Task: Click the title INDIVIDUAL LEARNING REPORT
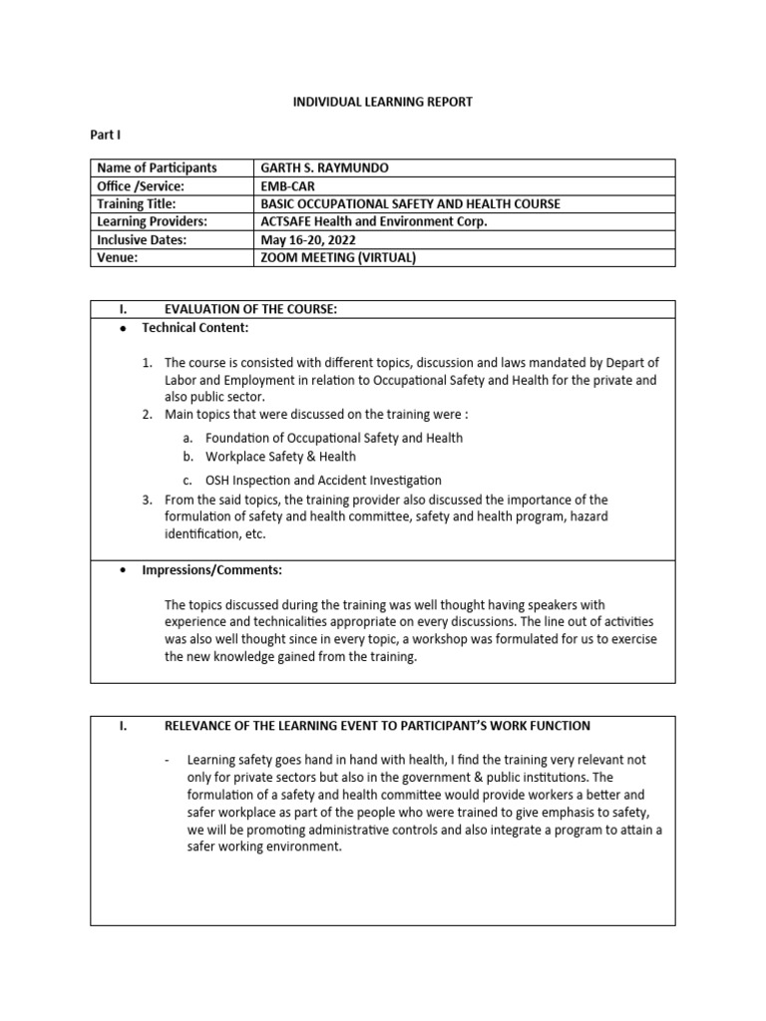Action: pos(382,102)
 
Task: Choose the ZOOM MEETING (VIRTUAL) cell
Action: pos(336,258)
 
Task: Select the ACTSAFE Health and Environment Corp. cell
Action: pos(373,221)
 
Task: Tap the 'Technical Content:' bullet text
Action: pos(194,328)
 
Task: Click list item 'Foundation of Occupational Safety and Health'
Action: pos(333,438)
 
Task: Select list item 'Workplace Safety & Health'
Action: pos(280,457)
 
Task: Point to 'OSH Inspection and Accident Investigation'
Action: pos(323,481)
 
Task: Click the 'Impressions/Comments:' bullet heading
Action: pos(211,570)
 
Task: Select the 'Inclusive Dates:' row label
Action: pos(142,240)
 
